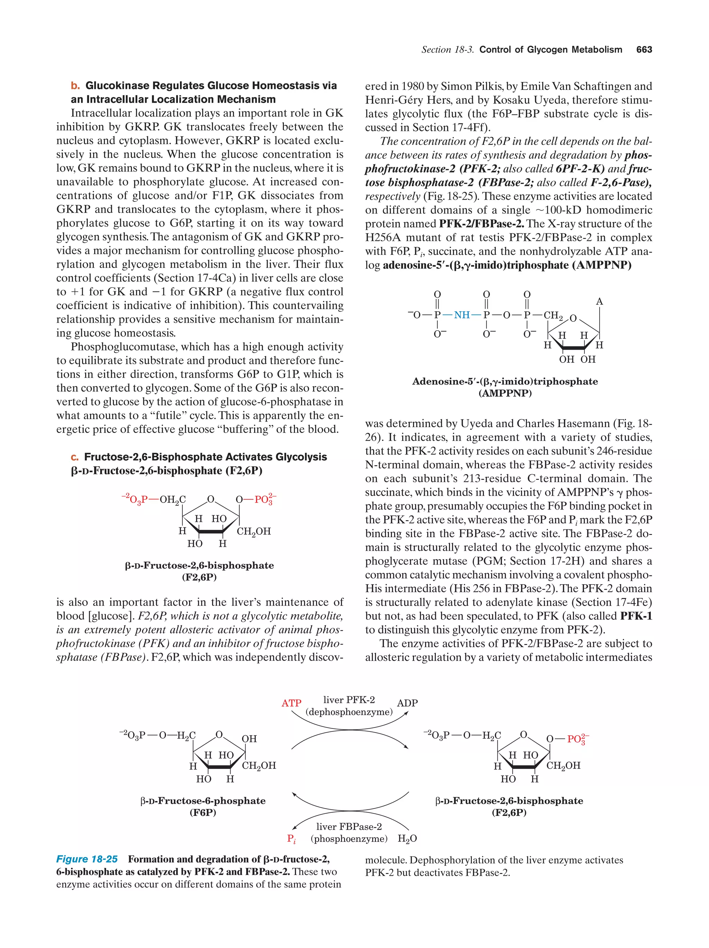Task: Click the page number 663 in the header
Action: pyautogui.click(x=644, y=50)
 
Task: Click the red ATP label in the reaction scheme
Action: pyautogui.click(x=291, y=703)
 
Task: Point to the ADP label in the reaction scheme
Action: pyautogui.click(x=407, y=703)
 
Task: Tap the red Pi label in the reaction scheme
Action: pyautogui.click(x=291, y=839)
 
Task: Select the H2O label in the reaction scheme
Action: pyautogui.click(x=407, y=839)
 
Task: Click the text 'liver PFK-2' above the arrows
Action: pyautogui.click(x=349, y=700)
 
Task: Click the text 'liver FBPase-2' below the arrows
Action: pyautogui.click(x=349, y=827)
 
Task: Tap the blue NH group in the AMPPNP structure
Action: pyautogui.click(x=462, y=315)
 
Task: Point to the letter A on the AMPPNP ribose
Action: pyautogui.click(x=599, y=302)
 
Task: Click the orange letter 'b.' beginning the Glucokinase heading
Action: pyautogui.click(x=75, y=86)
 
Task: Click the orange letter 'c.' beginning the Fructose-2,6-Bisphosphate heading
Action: pyautogui.click(x=75, y=457)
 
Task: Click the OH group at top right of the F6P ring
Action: pyautogui.click(x=249, y=739)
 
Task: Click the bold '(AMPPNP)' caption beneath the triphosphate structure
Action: pyautogui.click(x=505, y=393)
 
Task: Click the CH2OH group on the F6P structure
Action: pyautogui.click(x=259, y=765)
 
